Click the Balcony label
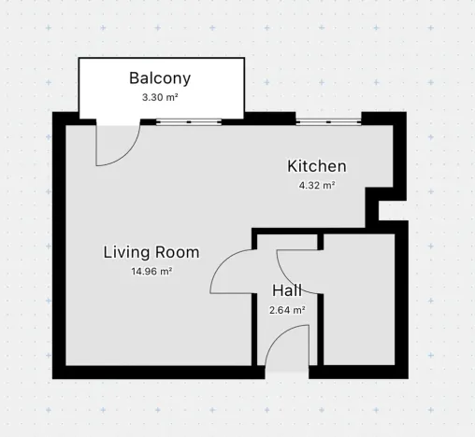point(159,78)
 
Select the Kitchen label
point(316,166)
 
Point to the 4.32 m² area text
point(316,185)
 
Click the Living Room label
point(151,252)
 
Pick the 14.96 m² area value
point(151,272)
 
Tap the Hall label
point(287,290)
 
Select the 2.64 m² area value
point(287,309)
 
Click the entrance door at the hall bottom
point(287,350)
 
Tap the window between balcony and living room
point(191,121)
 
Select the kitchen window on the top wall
point(329,121)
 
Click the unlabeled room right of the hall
point(356,299)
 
